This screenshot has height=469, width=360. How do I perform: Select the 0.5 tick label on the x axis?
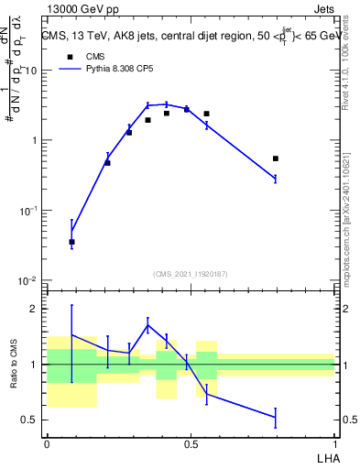[191, 442]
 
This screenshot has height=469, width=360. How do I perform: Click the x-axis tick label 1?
[335, 442]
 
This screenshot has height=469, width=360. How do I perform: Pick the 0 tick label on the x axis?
[47, 442]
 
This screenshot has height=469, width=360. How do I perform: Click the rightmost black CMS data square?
[275, 158]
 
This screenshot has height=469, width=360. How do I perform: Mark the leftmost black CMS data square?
[71, 242]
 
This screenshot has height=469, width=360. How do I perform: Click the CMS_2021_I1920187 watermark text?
[191, 274]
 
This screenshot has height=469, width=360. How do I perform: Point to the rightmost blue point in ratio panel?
[275, 417]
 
